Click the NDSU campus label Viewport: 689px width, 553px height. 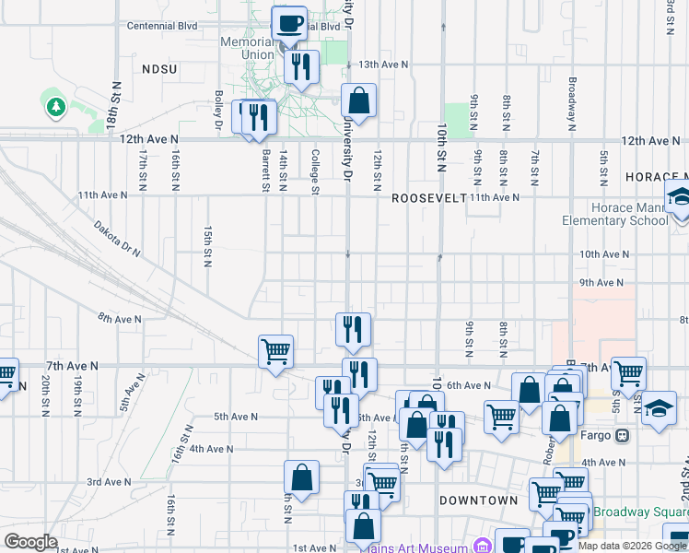(x=160, y=69)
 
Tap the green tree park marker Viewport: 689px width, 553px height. (x=55, y=107)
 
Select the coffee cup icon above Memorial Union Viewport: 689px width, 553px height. (x=289, y=24)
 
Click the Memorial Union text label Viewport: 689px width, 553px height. (x=247, y=48)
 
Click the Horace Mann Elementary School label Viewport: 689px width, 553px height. (x=617, y=215)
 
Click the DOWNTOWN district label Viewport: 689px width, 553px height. (x=478, y=500)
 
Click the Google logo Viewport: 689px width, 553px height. (x=30, y=542)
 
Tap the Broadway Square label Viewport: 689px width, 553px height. (x=641, y=512)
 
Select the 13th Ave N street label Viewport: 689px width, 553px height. (x=383, y=65)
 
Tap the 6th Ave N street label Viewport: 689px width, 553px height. (x=469, y=385)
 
